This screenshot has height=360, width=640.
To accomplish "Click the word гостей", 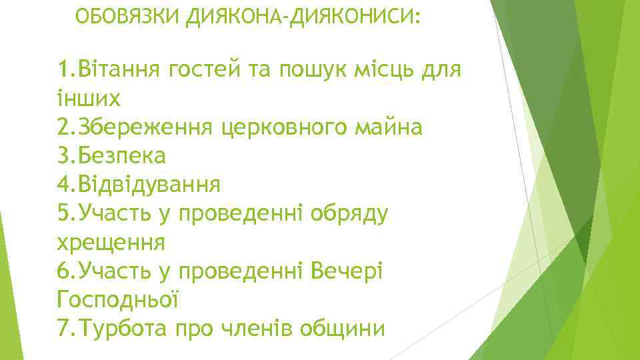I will click(197, 69).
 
